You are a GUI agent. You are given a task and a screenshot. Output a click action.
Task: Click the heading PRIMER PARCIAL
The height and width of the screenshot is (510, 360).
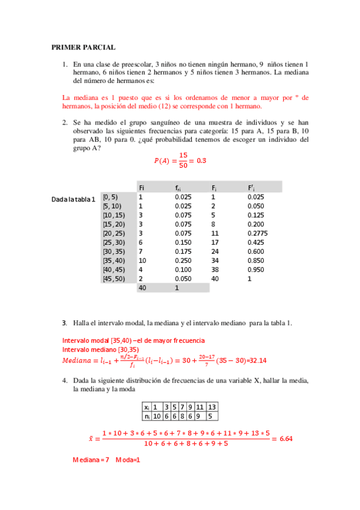83,47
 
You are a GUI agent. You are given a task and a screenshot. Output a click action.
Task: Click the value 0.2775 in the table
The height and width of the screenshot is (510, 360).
258,233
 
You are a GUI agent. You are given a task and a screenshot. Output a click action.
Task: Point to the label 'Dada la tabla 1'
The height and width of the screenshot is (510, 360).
74,200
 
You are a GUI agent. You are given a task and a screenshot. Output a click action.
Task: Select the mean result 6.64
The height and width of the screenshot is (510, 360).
282,439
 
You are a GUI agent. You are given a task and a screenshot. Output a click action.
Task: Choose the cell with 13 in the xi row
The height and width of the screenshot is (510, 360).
212,407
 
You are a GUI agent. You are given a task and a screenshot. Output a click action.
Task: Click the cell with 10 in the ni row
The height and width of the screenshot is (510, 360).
157,416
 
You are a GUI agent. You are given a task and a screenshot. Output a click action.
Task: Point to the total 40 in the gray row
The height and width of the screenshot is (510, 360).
142,288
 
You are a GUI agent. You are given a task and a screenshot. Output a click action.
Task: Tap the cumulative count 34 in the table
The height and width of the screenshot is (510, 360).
215,260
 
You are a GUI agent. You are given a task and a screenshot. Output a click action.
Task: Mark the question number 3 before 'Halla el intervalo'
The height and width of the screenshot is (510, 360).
64,323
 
